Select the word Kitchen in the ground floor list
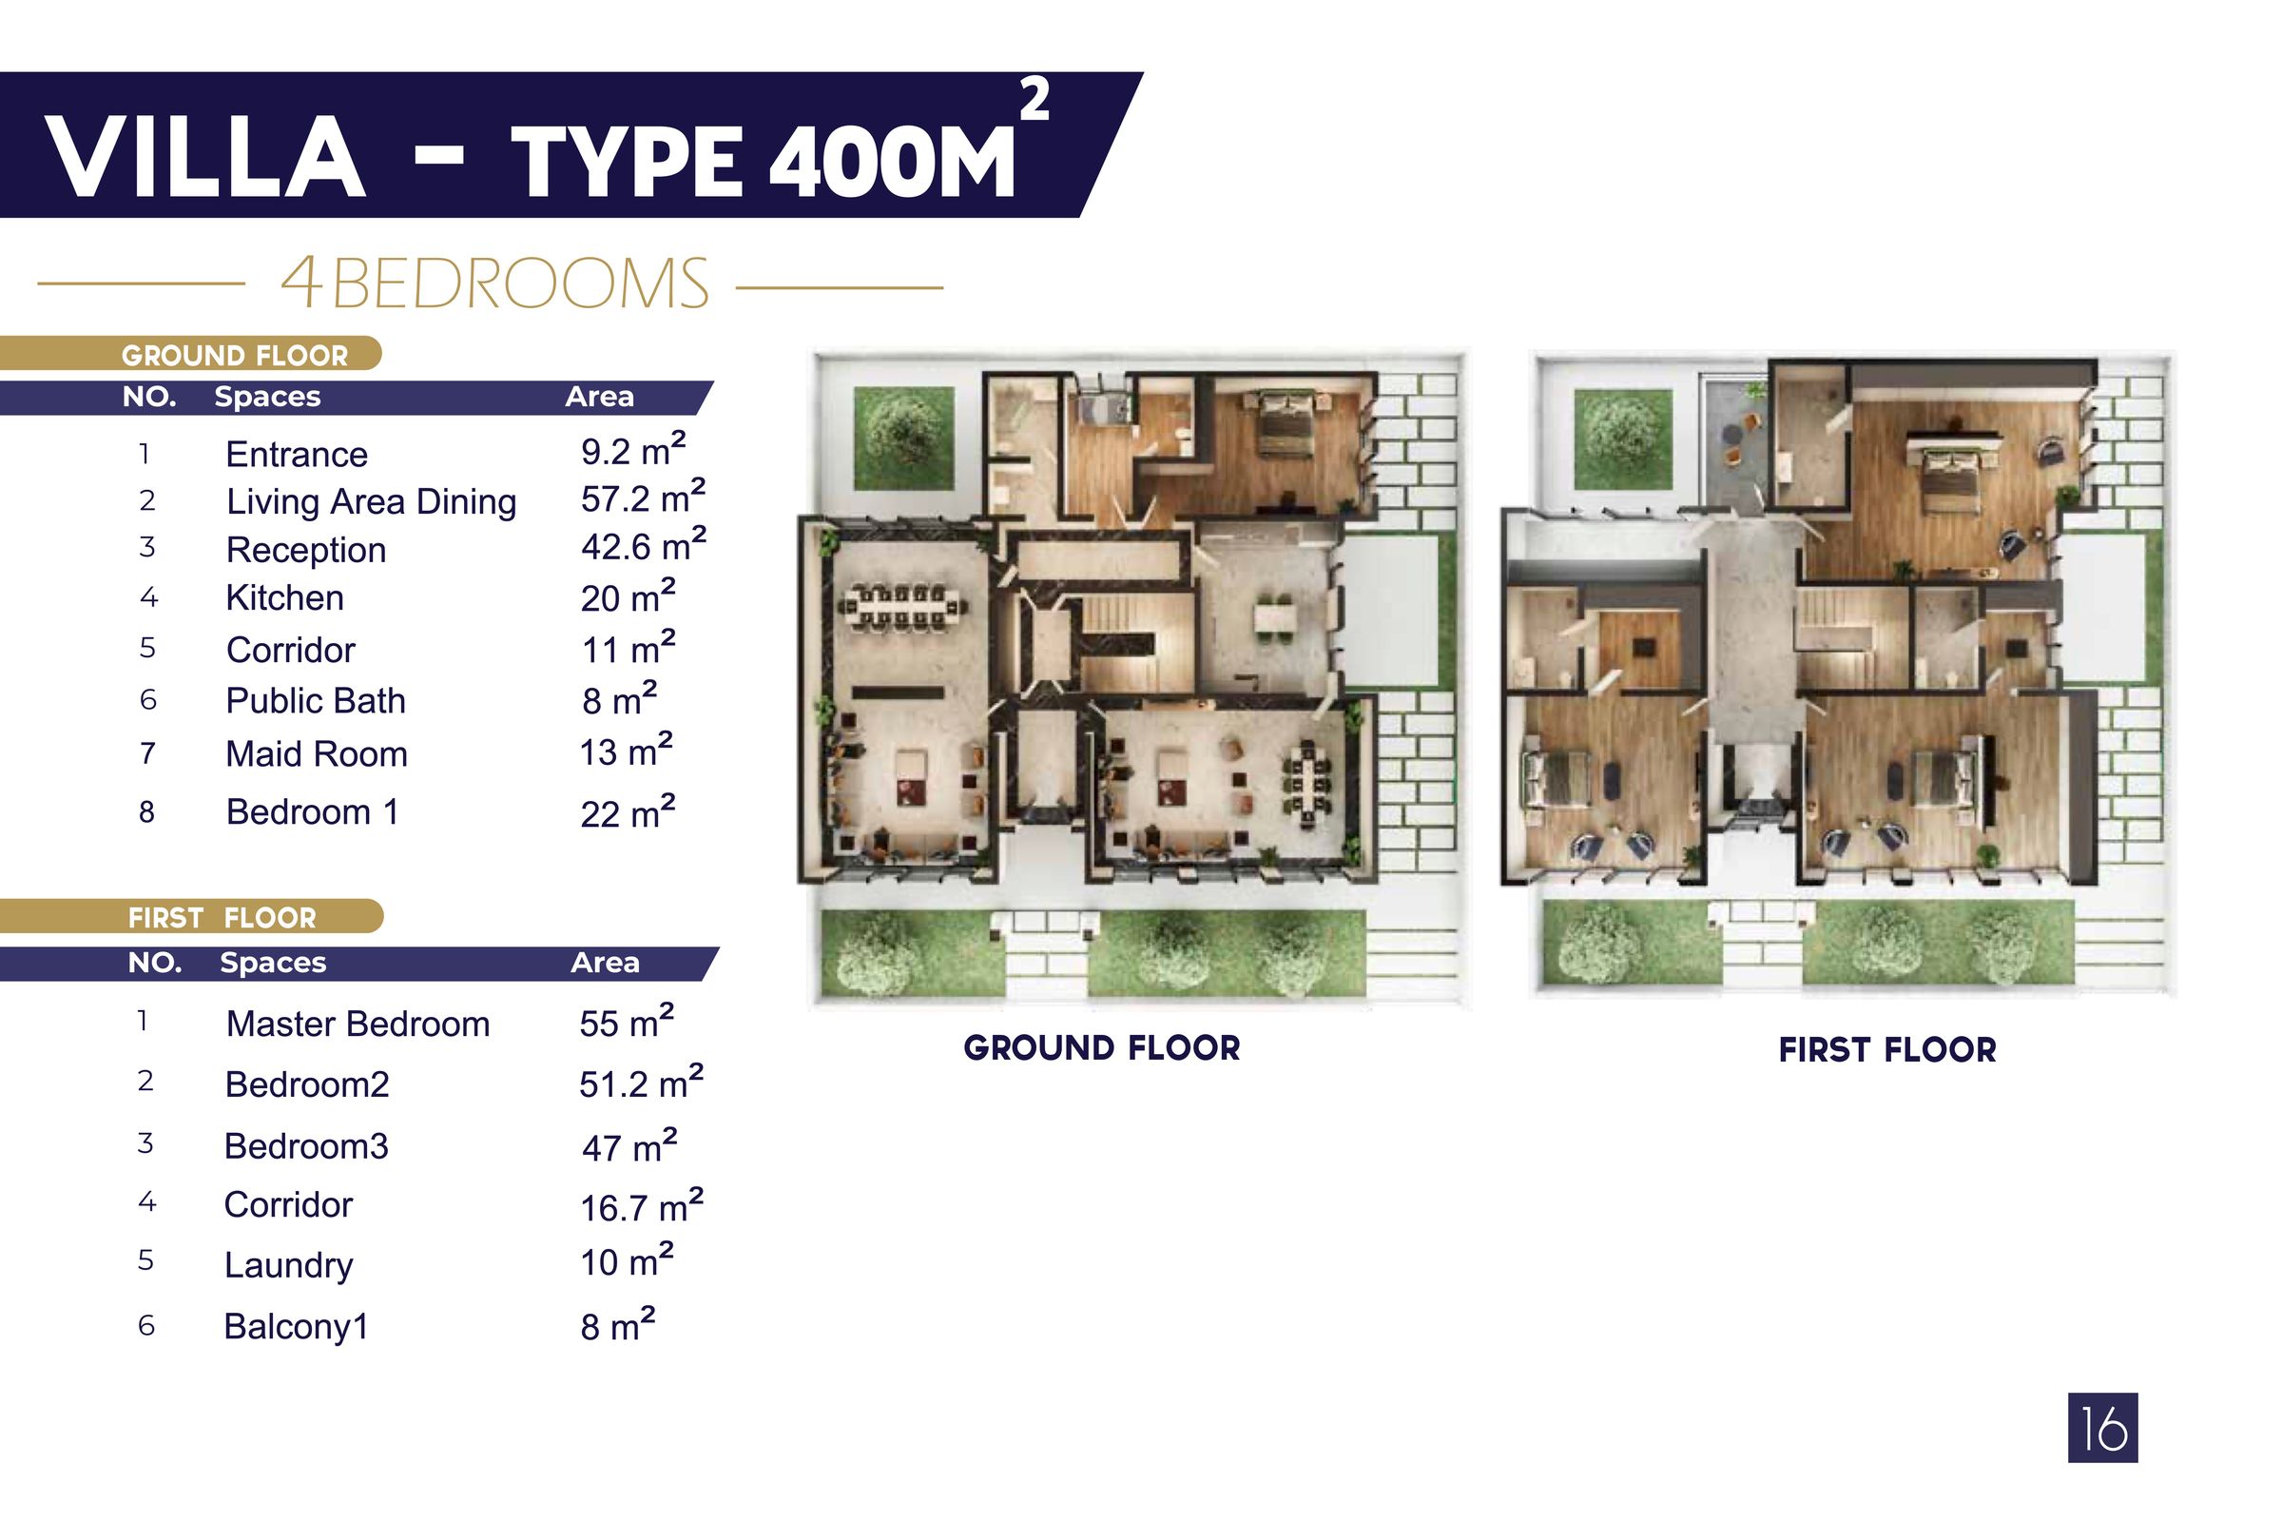[284, 598]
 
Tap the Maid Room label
[317, 754]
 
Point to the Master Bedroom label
[358, 1024]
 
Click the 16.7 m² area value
[640, 1206]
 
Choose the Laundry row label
[288, 1265]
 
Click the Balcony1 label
[296, 1326]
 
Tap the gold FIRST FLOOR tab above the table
[222, 917]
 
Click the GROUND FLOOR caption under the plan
[1101, 1048]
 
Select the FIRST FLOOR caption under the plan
[1887, 1050]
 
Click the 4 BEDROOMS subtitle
[494, 284]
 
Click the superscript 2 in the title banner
[1035, 101]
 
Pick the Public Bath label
[316, 701]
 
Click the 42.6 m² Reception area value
[643, 546]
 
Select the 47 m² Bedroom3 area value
[628, 1147]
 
